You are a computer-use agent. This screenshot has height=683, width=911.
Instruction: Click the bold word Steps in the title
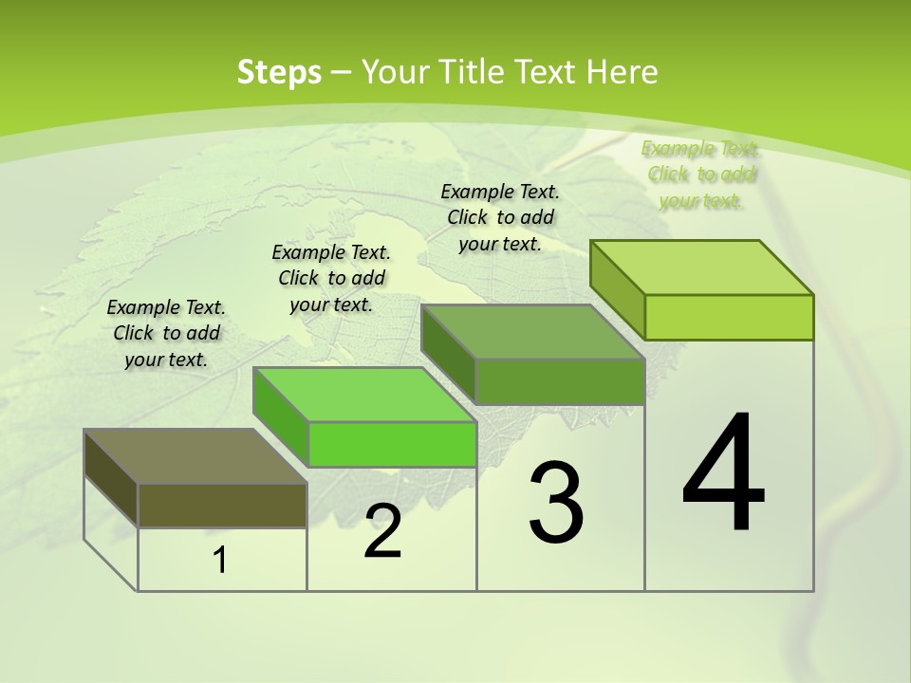tap(278, 72)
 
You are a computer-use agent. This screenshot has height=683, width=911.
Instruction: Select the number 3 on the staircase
tap(556, 503)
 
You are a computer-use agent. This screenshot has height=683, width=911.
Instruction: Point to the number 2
tap(383, 532)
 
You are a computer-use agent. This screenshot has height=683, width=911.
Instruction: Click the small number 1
tap(220, 561)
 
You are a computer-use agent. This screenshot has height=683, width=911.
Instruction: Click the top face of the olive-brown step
tap(195, 456)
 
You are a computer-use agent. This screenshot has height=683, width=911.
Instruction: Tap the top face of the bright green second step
tap(364, 395)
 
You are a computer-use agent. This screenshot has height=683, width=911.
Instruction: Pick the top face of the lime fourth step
tap(702, 268)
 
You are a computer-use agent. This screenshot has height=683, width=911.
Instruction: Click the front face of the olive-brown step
tap(222, 505)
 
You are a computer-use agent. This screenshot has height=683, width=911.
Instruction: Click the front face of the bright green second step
tap(392, 444)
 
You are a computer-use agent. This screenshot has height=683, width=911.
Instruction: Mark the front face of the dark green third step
tap(560, 381)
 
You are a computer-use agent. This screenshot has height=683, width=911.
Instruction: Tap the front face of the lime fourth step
tap(729, 317)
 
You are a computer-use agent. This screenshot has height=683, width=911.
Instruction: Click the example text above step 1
tap(166, 333)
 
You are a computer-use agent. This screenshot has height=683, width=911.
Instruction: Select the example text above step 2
tap(331, 278)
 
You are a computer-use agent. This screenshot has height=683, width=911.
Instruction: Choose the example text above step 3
tap(500, 217)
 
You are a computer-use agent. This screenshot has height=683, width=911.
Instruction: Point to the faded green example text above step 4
tap(700, 175)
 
